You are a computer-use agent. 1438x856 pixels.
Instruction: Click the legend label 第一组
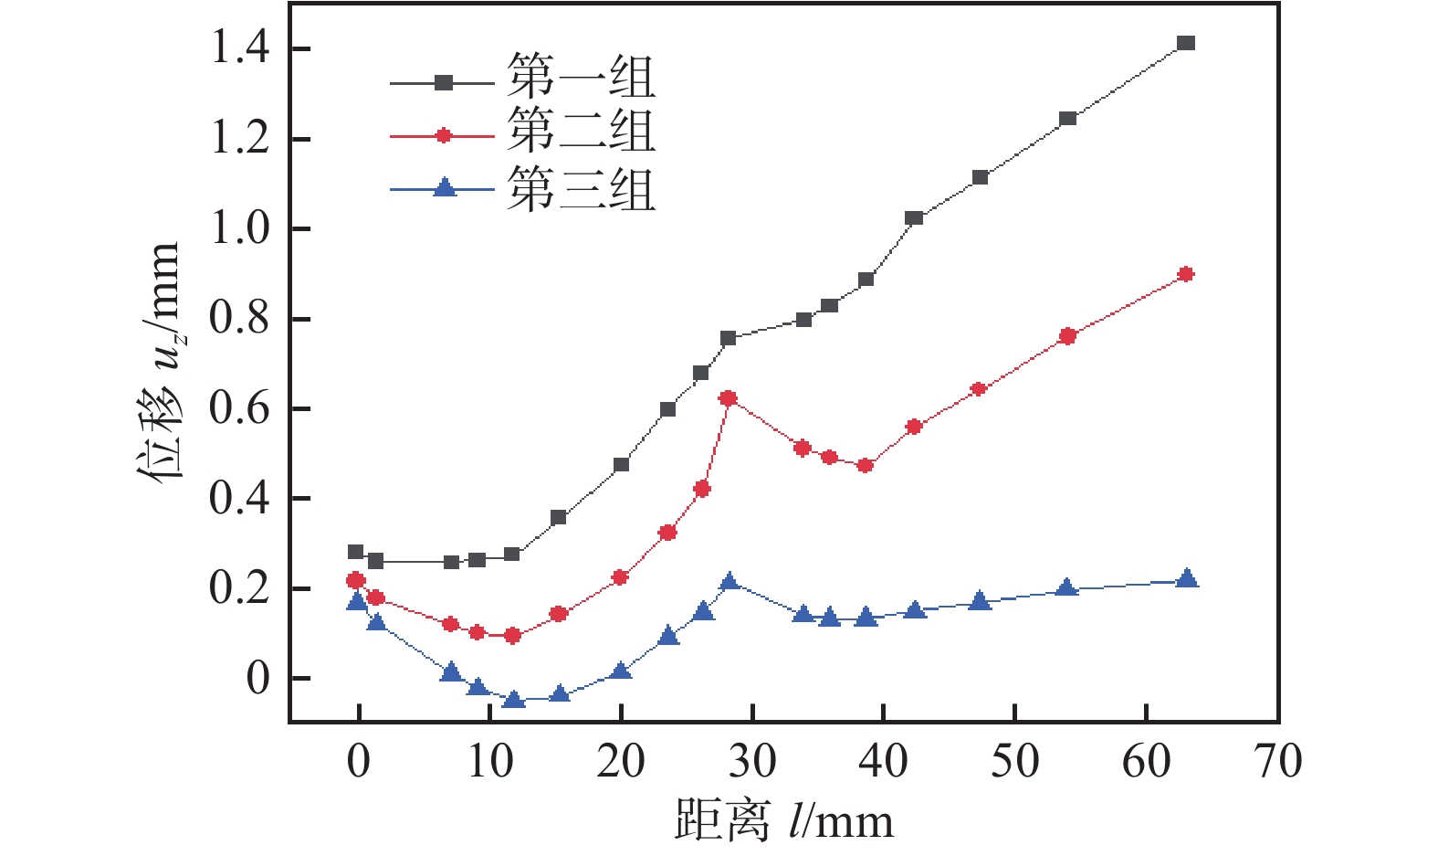[582, 77]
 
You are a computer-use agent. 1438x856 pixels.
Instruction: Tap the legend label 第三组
[582, 189]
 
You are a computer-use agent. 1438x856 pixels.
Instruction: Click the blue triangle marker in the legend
[444, 188]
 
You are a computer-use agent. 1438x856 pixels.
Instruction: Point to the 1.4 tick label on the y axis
[240, 48]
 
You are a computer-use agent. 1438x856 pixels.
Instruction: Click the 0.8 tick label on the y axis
[240, 318]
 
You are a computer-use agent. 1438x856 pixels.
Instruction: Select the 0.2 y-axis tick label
[240, 587]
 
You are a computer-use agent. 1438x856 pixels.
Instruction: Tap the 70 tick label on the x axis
[1278, 761]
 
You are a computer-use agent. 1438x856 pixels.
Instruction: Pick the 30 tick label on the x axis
[752, 761]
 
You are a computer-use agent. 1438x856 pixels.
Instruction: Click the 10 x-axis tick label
[490, 761]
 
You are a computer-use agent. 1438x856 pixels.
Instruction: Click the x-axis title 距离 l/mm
[783, 819]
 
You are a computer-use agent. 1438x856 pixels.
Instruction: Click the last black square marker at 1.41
[1186, 44]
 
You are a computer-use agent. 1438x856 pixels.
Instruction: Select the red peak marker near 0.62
[728, 398]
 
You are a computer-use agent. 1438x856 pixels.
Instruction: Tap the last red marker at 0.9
[1186, 274]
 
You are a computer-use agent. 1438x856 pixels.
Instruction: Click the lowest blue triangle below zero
[513, 700]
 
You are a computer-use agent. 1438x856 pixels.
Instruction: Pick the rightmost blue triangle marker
[1186, 578]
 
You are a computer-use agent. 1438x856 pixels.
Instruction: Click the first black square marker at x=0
[356, 552]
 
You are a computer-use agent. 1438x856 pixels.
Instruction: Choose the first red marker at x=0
[356, 580]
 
